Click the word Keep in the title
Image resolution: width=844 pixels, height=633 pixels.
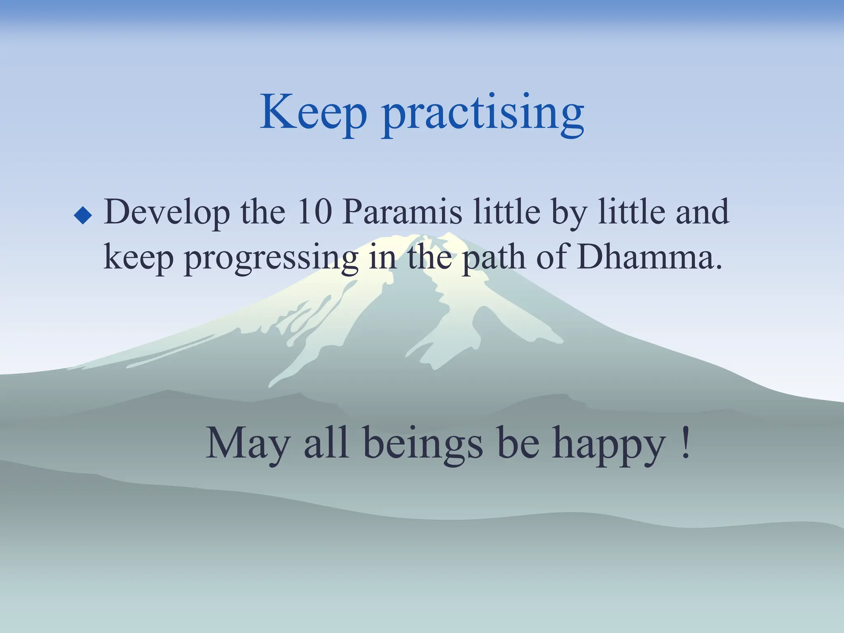click(x=313, y=112)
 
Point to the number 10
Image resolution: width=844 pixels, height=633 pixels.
click(x=314, y=212)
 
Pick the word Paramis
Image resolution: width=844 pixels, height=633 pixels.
click(x=402, y=212)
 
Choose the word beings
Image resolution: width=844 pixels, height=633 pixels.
click(x=423, y=445)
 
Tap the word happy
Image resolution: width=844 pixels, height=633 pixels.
click(x=609, y=447)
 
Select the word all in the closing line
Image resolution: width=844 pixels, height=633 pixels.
click(x=326, y=443)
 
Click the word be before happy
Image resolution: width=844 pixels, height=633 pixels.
click(x=518, y=443)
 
